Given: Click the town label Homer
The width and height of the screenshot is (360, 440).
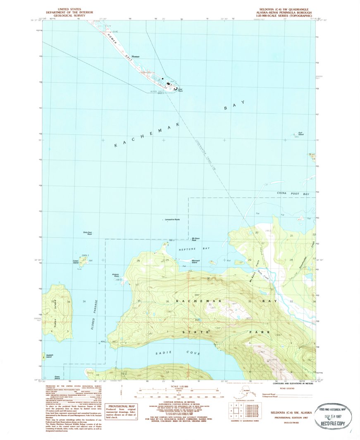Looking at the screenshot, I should point(135,56).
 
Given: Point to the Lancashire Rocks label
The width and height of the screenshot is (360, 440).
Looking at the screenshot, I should point(172,219).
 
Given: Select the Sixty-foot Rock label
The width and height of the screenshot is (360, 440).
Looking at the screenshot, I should point(87,234).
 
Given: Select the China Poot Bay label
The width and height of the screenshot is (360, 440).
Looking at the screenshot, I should point(293,194).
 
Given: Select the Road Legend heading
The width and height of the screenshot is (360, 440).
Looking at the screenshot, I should point(287,389).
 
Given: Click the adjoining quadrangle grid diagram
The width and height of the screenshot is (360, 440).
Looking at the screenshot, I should point(234,412).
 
